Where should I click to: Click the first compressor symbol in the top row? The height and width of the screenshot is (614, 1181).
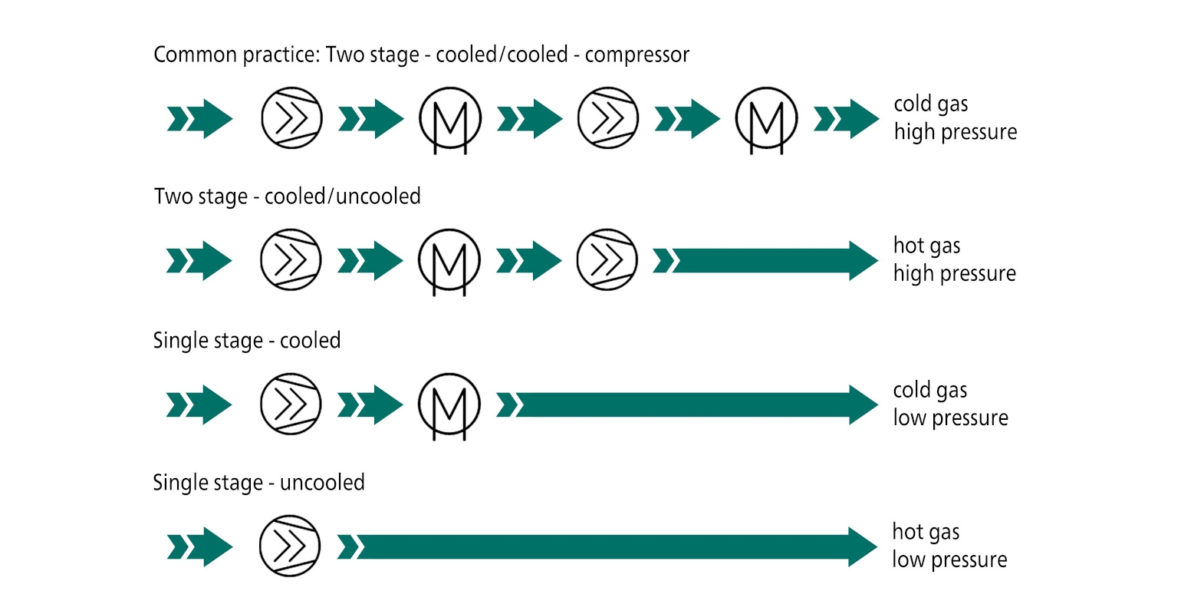[x=291, y=118]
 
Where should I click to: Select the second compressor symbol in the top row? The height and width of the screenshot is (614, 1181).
[x=607, y=118]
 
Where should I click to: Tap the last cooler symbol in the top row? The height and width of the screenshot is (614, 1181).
[x=766, y=118]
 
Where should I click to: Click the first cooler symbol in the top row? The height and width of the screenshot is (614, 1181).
[x=450, y=118]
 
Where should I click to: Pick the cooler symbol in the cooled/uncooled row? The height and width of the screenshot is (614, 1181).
[x=449, y=260]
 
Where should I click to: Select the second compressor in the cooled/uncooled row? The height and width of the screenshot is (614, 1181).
[x=607, y=260]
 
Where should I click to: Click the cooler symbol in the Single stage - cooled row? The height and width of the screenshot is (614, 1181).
[x=449, y=404]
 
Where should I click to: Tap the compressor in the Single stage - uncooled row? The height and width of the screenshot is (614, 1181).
[x=290, y=546]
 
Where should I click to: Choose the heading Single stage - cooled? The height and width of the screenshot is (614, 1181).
[x=246, y=340]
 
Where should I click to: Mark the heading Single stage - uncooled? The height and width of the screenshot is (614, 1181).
[x=258, y=483]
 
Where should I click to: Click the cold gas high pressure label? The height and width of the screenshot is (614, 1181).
[x=955, y=118]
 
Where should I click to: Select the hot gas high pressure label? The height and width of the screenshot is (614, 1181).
[x=954, y=260]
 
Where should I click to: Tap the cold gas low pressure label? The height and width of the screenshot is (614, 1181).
[x=950, y=404]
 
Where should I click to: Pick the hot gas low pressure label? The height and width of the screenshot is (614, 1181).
[x=949, y=546]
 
